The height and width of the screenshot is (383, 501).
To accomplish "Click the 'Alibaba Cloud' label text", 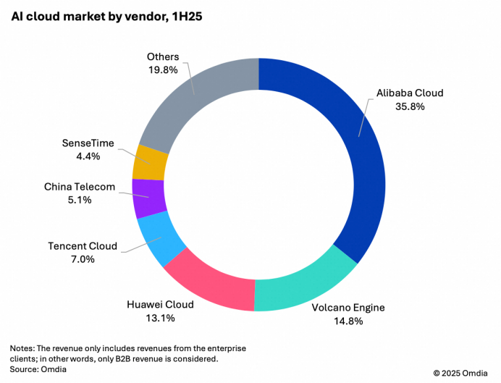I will [410, 93].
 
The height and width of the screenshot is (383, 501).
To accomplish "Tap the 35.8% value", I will [410, 106].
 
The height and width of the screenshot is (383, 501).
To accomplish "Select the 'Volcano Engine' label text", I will [348, 308].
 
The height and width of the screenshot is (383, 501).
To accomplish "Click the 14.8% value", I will [348, 321].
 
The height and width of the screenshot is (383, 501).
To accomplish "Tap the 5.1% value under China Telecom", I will [79, 200].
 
